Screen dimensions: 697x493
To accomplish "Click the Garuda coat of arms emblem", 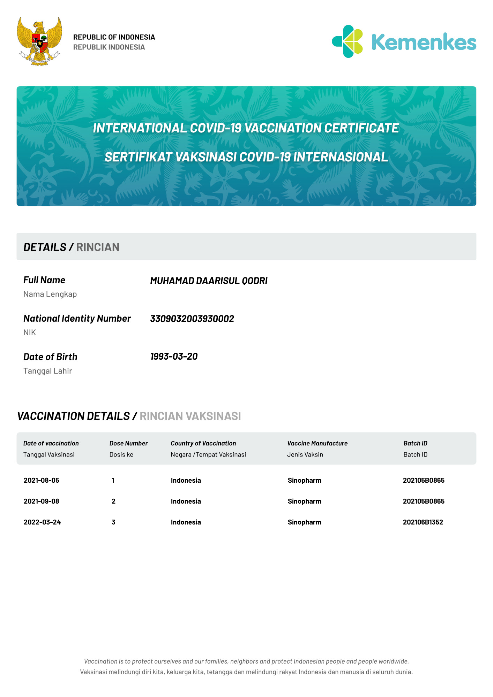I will pos(39,41).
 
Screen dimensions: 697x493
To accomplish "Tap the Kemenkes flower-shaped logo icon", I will pos(348,41).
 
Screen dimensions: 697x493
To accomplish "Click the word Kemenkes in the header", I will pos(424,42).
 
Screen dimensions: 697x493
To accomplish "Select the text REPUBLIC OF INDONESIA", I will pos(114,37).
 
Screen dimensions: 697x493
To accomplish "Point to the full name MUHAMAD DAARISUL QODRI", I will pos(209,281).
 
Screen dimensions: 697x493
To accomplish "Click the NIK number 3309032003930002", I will pos(192,319).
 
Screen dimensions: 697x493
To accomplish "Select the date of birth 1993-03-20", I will pos(174,357).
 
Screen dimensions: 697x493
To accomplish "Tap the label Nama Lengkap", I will pos(50,294).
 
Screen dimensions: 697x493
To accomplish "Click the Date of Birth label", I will pos(50,357).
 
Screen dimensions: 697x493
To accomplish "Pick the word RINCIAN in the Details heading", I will pos(98,247).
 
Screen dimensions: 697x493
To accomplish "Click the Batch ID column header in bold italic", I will pos(415,443).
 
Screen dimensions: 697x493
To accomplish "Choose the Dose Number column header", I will pos(128,443).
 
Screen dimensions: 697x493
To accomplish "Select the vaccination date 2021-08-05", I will pos(42,480).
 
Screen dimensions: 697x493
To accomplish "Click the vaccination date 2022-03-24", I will pos(42,522).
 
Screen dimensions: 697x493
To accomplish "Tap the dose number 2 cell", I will pos(113,501).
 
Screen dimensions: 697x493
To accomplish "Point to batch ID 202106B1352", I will pos(423,522).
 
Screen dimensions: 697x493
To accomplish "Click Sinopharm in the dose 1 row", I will pos(304,480).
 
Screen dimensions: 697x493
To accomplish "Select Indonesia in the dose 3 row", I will pos(186,522).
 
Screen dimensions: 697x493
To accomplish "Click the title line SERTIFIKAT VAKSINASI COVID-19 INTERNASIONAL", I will pos(246,157).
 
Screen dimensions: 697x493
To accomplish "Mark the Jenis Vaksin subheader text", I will pos(305,454).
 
